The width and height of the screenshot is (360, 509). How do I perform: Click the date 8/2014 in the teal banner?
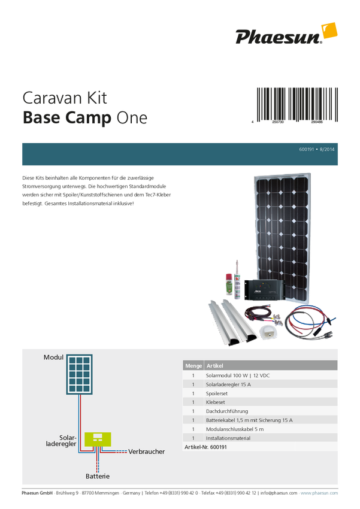click(x=328, y=149)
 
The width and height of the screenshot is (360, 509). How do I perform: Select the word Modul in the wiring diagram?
click(x=53, y=357)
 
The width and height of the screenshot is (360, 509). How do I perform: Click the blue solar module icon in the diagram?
click(x=79, y=374)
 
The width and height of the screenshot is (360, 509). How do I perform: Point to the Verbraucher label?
click(x=146, y=452)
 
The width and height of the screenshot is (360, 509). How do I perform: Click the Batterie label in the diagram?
click(x=97, y=477)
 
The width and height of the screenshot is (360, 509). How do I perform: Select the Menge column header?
click(x=193, y=365)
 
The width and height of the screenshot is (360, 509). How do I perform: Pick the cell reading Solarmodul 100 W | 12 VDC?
click(x=241, y=375)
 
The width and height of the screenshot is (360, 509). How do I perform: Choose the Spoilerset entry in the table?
click(x=219, y=393)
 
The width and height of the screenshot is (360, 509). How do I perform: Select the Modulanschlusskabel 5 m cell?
click(x=235, y=429)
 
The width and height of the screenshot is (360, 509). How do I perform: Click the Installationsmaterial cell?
click(x=229, y=438)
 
